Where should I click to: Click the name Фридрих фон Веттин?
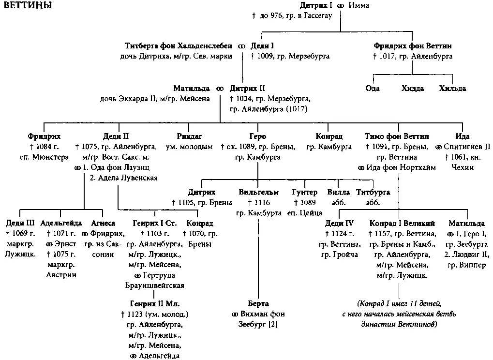(412, 46)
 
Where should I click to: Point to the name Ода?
(372, 89)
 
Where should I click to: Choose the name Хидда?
(412, 89)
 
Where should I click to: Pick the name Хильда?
(452, 89)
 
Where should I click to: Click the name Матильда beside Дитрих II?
(192, 89)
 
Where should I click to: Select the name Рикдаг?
(189, 136)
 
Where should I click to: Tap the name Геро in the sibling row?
(257, 136)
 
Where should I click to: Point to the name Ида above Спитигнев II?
(463, 136)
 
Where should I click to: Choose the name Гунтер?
(305, 192)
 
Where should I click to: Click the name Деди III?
(20, 223)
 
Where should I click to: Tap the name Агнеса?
(103, 223)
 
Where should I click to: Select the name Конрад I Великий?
(402, 223)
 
